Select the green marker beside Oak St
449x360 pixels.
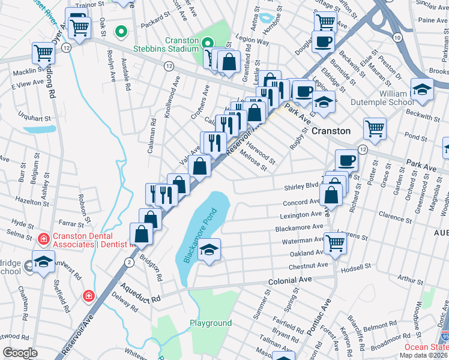pyautogui.click(x=121, y=31)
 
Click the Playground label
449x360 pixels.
pyautogui.click(x=211, y=323)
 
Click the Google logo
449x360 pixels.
pyautogui.click(x=20, y=353)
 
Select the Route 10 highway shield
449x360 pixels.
pyautogui.click(x=397, y=37)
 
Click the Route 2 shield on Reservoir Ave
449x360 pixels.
pyautogui.click(x=128, y=262)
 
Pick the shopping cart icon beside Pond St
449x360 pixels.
pyautogui.click(x=374, y=128)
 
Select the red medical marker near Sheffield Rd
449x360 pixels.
pyautogui.click(x=88, y=296)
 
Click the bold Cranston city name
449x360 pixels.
pyautogui.click(x=331, y=130)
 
